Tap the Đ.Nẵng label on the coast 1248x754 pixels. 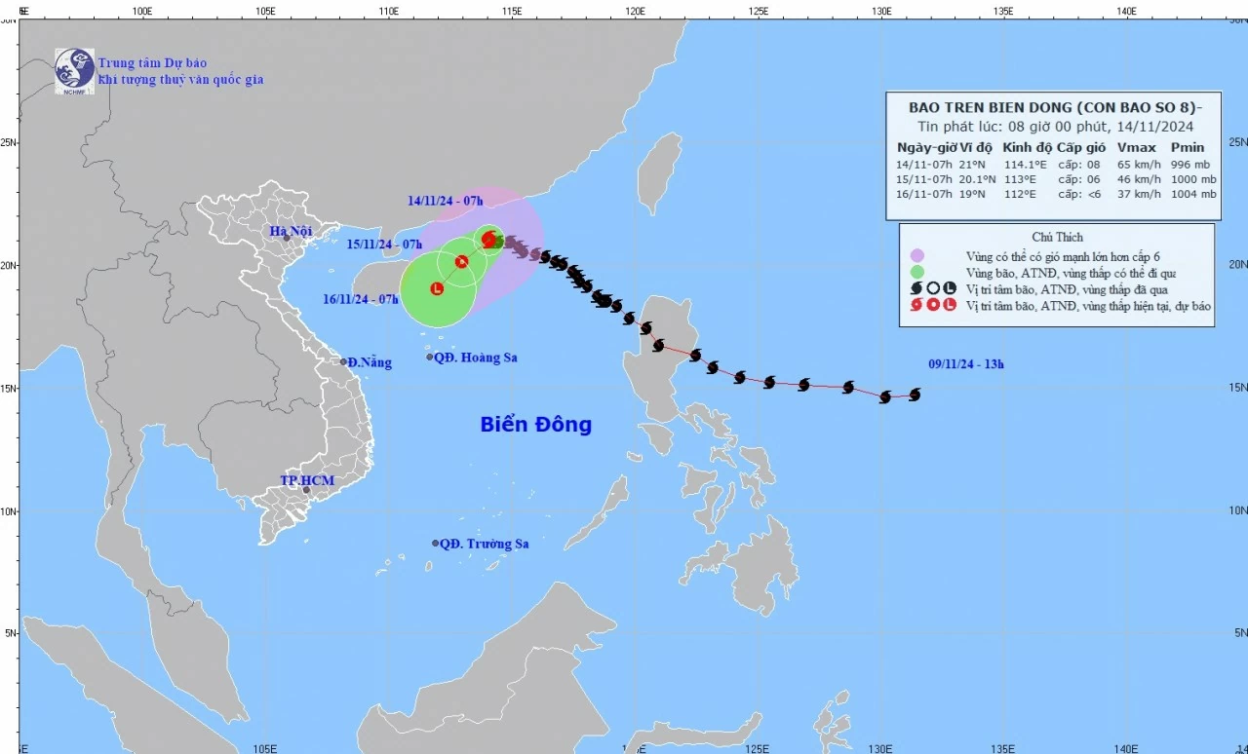(x=370, y=362)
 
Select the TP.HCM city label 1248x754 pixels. (x=307, y=481)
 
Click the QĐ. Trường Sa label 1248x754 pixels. (x=484, y=544)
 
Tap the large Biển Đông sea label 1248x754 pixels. (x=535, y=425)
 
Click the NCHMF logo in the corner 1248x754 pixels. (x=74, y=70)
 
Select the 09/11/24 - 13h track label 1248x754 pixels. (x=965, y=365)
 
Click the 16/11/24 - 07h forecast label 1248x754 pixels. (x=361, y=299)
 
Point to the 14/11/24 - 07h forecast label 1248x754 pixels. (x=446, y=201)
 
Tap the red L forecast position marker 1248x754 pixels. (x=436, y=288)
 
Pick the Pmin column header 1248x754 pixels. (x=1188, y=147)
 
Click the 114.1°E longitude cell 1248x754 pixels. (x=1026, y=164)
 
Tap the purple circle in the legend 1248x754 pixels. (x=916, y=255)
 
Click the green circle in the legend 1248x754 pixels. (x=916, y=272)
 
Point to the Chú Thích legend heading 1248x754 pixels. (x=1057, y=237)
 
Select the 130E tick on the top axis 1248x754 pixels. (x=881, y=12)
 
